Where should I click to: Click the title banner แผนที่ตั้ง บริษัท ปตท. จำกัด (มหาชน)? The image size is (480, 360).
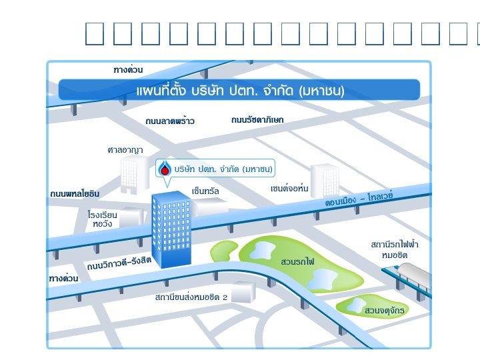(x=239, y=90)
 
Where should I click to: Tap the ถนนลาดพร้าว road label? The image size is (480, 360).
(x=170, y=121)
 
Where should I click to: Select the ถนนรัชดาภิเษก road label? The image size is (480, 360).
(x=257, y=120)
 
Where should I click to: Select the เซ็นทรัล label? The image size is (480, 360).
(x=205, y=191)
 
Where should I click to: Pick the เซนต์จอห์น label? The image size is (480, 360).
(x=289, y=189)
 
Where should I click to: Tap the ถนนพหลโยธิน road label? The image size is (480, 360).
(x=75, y=193)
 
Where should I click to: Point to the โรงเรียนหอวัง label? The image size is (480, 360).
(x=103, y=219)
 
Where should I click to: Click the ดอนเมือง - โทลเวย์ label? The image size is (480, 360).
(x=360, y=198)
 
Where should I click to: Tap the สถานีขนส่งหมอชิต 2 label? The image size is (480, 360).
(x=191, y=297)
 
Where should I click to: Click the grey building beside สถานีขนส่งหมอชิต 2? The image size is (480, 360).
(x=243, y=292)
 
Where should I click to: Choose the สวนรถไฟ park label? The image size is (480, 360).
(x=298, y=260)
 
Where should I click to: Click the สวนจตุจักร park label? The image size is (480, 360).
(x=385, y=311)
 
